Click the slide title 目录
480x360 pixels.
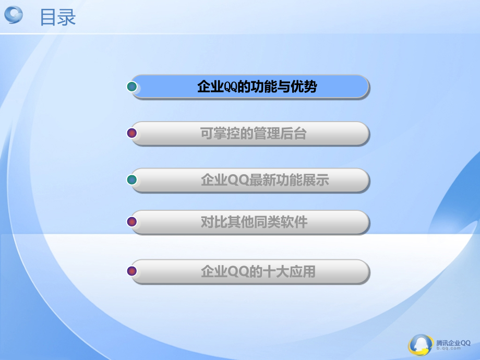click(58, 17)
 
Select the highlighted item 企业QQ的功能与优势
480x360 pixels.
click(257, 87)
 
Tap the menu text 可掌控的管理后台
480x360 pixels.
click(253, 134)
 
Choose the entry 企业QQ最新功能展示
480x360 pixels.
click(265, 181)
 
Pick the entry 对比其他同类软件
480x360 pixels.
click(254, 222)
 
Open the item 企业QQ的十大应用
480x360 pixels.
click(258, 271)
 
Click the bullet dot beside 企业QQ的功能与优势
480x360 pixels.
click(133, 87)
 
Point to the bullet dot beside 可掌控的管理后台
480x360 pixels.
click(133, 134)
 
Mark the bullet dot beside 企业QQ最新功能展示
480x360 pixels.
click(133, 180)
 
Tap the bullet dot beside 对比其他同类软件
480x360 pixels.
click(133, 222)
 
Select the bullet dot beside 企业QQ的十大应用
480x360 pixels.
click(133, 271)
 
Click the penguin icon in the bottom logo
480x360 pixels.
click(421, 345)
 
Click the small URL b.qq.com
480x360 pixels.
click(448, 350)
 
